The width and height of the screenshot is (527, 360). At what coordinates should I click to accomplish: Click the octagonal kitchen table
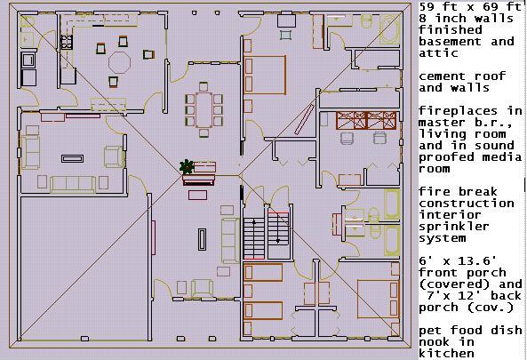(120, 62)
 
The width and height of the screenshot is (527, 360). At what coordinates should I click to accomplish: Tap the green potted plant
(187, 167)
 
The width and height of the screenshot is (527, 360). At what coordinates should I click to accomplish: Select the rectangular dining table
(204, 109)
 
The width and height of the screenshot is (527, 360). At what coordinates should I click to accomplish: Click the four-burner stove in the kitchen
(67, 42)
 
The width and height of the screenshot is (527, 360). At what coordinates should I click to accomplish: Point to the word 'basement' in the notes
(450, 42)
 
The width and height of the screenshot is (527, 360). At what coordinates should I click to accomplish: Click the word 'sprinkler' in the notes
(454, 228)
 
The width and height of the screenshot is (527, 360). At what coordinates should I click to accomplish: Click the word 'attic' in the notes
(438, 53)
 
